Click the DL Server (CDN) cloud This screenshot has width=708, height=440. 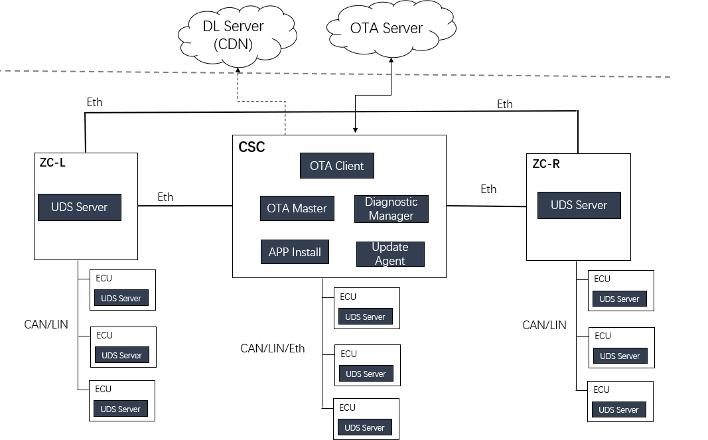coord(233,36)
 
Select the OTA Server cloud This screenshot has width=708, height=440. coord(386,29)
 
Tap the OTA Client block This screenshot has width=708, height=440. coord(336,166)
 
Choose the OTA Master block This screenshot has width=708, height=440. coord(297,208)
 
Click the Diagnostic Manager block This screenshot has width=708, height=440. coord(391,209)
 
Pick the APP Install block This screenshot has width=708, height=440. coord(295,252)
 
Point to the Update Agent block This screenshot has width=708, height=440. coord(390,254)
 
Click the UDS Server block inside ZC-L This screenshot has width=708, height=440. coord(80,207)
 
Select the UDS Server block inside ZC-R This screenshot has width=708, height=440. coord(579,205)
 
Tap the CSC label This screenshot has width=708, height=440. coord(251,147)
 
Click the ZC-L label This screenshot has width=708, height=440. coord(53,163)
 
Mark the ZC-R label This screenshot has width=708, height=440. coord(546,164)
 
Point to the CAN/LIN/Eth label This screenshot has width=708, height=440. coord(273,348)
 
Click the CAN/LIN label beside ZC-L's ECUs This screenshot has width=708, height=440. coord(46,325)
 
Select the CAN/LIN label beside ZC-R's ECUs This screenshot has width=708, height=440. coord(544,325)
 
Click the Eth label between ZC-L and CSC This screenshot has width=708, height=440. coord(165,197)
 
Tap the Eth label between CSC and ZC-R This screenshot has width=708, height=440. coord(488,189)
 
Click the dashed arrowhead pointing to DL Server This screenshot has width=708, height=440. coord(238,71)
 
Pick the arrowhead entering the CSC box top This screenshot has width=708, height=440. coord(355,131)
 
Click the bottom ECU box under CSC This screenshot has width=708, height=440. coord(366,419)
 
